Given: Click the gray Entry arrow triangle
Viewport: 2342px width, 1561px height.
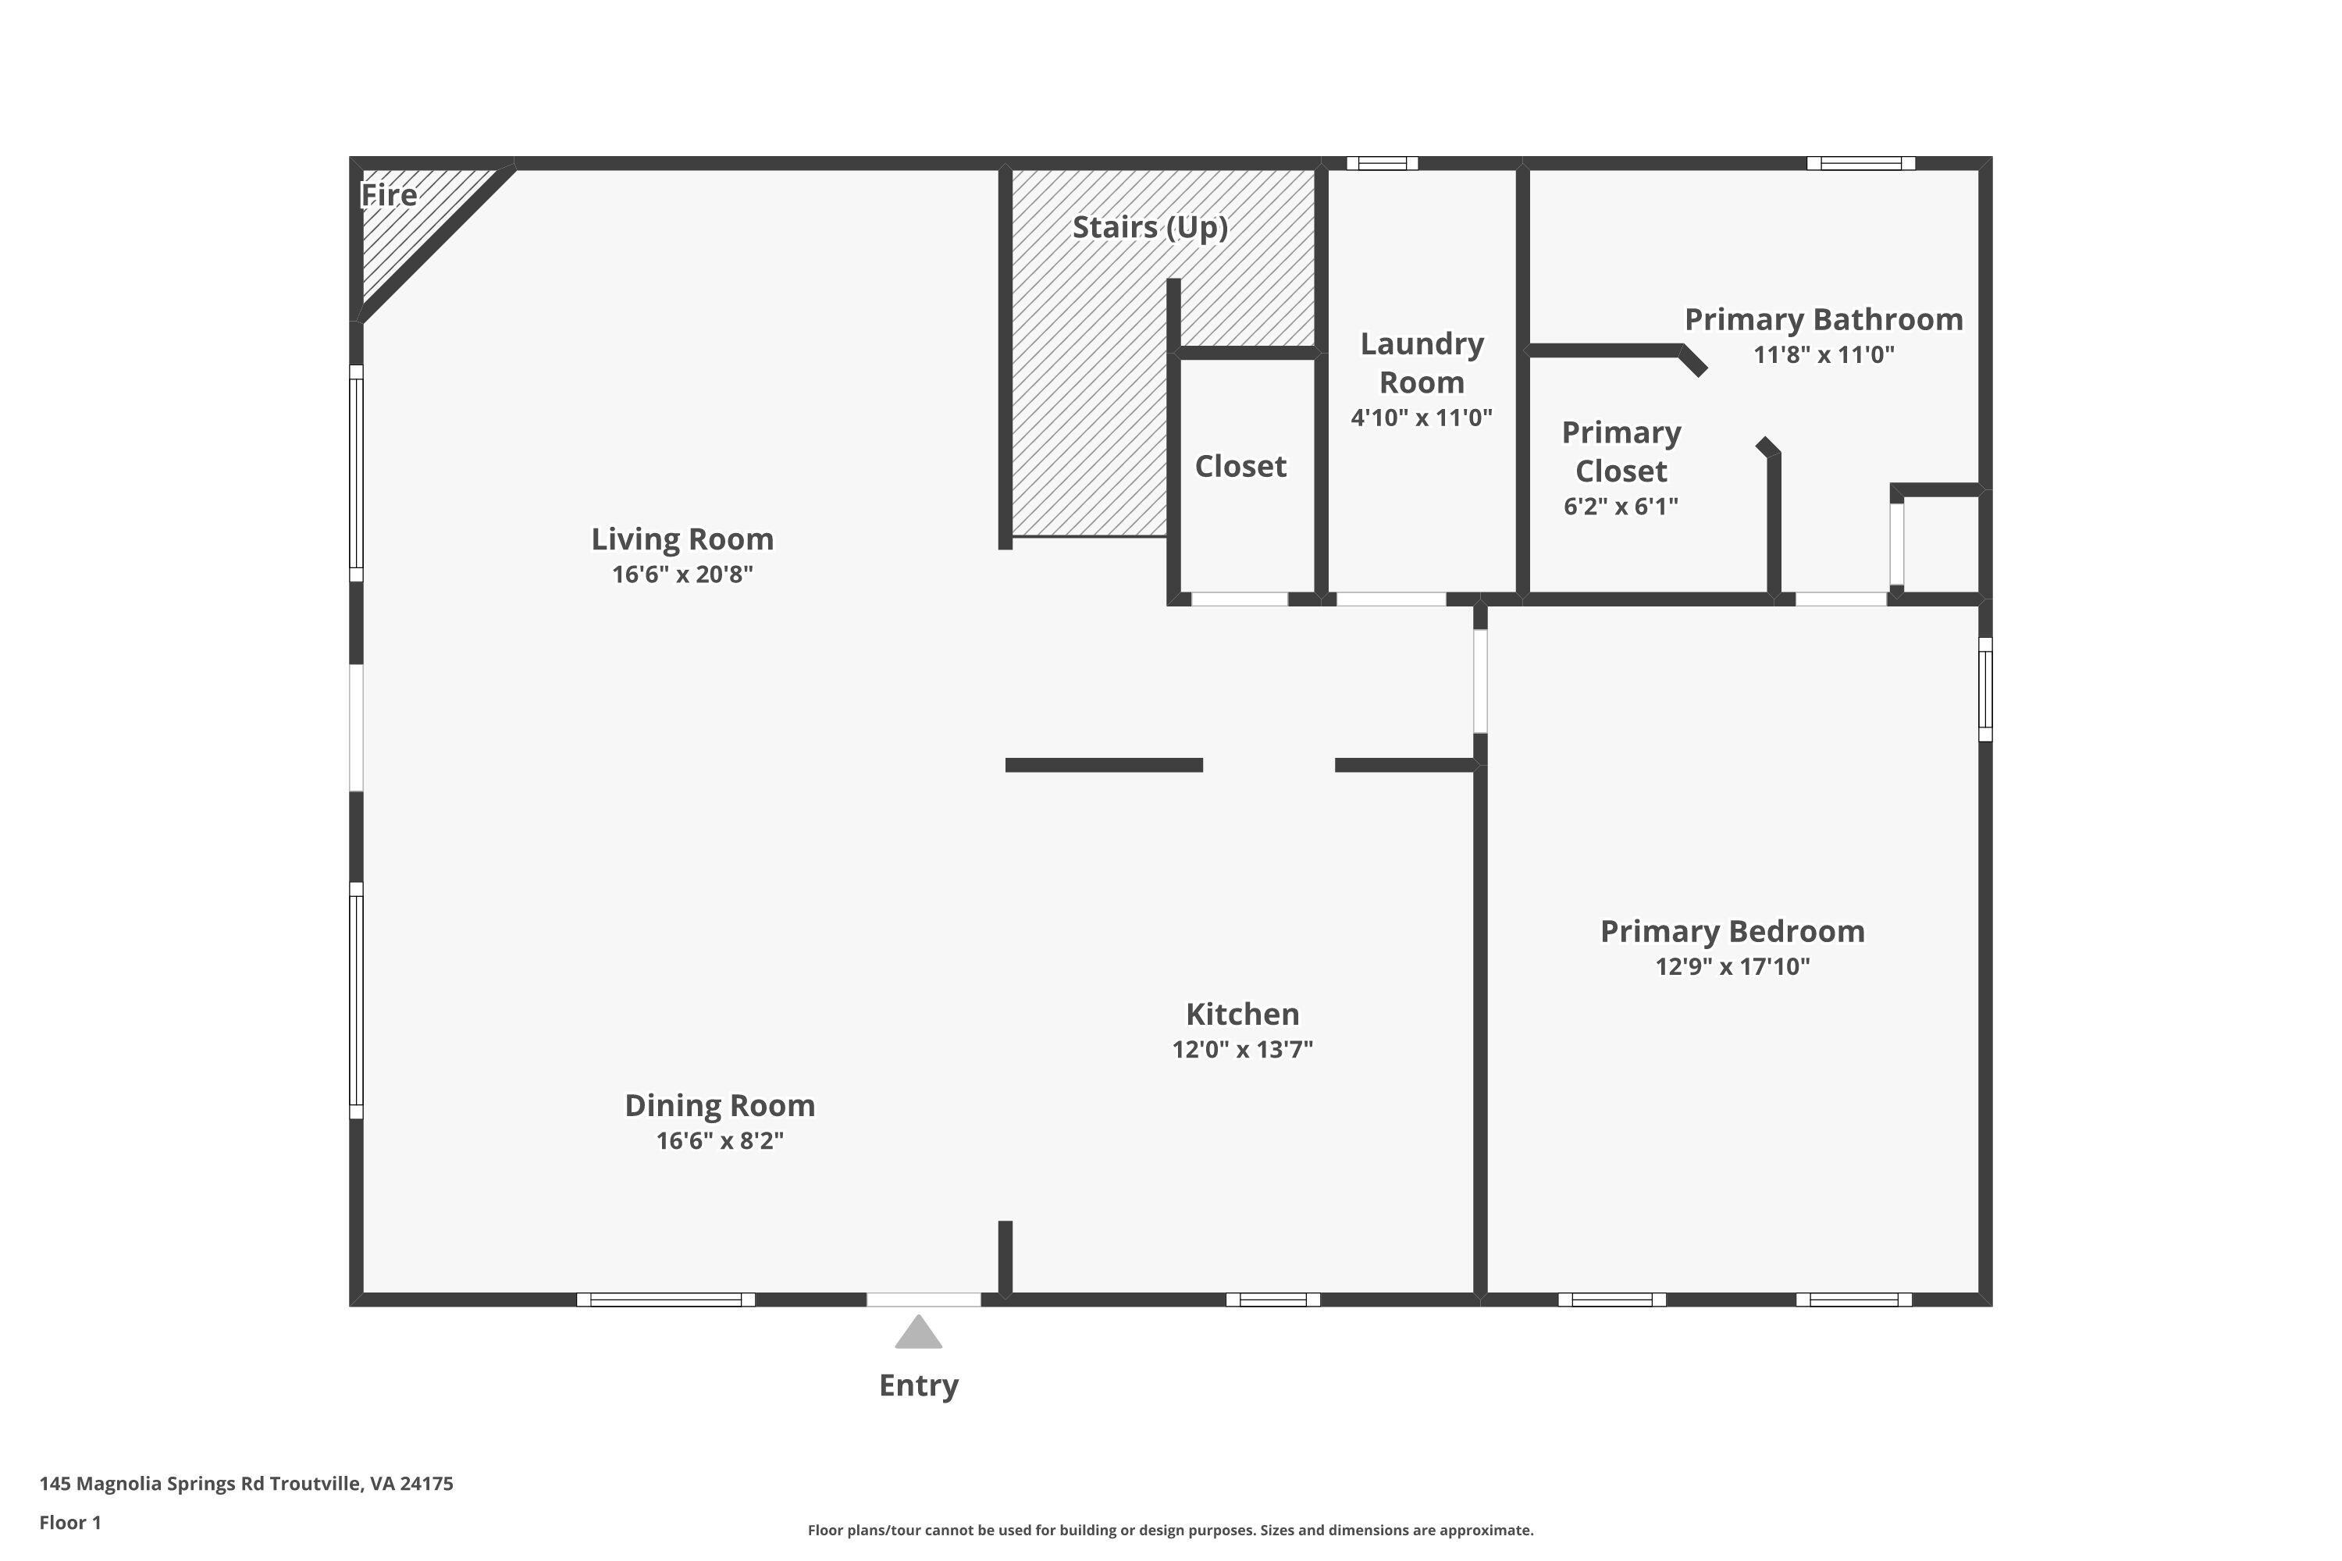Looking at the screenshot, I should tap(918, 1334).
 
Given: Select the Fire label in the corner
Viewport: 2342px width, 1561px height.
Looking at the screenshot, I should tap(388, 195).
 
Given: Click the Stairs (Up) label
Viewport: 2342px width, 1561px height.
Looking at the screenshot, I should tap(1149, 227).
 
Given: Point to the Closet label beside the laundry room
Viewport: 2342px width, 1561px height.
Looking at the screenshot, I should tap(1240, 466).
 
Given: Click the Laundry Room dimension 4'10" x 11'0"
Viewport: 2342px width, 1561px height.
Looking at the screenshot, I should tap(1421, 417).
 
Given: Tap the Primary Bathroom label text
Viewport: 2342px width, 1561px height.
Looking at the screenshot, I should tap(1823, 319).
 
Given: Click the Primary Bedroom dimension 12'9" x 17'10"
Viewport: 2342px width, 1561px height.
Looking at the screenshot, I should tap(1732, 965).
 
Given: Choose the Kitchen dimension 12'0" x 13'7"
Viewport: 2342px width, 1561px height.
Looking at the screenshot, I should tap(1242, 1048).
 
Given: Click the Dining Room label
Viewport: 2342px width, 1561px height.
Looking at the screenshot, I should tap(719, 1105).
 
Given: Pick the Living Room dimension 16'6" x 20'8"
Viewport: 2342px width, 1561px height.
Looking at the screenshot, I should tap(682, 574).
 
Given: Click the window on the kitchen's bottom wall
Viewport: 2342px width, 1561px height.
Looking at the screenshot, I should tap(1272, 1300).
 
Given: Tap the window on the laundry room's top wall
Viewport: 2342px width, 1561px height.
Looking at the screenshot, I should tap(1382, 163).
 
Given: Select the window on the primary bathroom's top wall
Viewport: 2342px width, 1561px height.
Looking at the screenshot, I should tap(1860, 163).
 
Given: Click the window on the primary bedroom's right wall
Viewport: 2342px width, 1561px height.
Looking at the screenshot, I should tap(1984, 689).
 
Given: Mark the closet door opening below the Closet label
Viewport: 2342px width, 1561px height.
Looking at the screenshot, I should tap(1240, 599).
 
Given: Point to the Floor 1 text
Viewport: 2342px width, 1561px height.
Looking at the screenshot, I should tap(69, 1522).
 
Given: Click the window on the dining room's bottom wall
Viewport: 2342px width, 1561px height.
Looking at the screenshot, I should tap(665, 1300).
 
